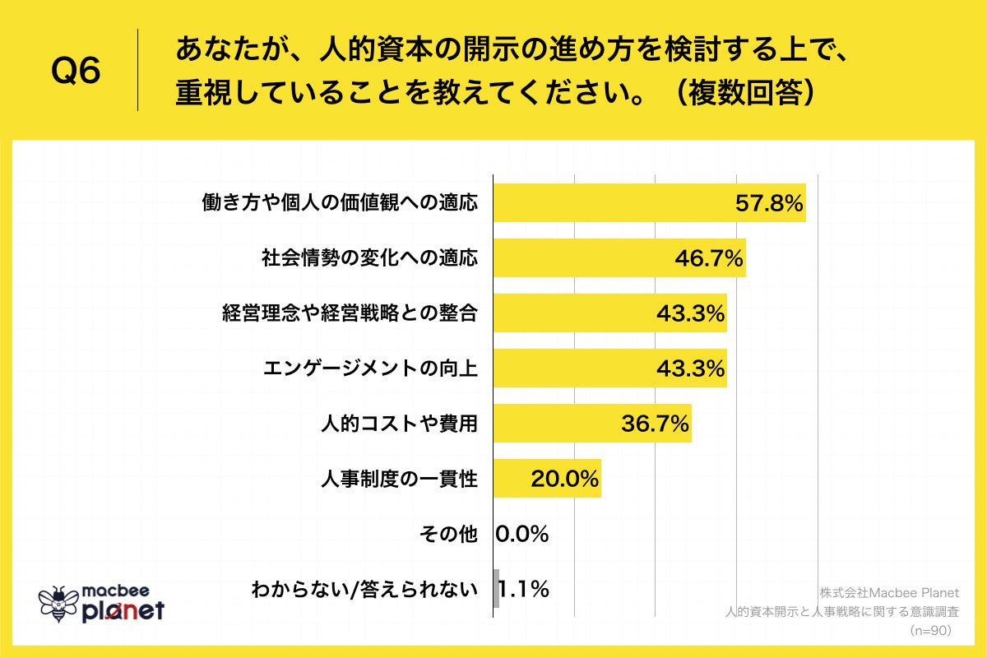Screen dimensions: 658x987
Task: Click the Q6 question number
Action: coord(76,72)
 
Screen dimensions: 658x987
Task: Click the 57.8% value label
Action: coord(767,204)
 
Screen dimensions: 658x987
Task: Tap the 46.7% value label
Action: coord(709,258)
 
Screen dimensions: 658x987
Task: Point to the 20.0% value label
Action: coord(564,479)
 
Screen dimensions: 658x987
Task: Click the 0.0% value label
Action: coord(522,534)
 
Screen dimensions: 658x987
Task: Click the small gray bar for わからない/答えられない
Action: coord(496,589)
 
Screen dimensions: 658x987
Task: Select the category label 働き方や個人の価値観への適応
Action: coord(340,204)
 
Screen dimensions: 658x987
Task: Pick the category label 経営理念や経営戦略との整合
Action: coord(350,313)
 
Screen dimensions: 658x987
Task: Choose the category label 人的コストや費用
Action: coord(399,424)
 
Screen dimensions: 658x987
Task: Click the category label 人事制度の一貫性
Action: coord(399,479)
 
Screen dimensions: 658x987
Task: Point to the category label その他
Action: coord(447,534)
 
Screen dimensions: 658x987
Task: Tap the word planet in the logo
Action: coord(123,611)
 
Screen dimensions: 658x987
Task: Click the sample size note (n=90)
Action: coord(930,630)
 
